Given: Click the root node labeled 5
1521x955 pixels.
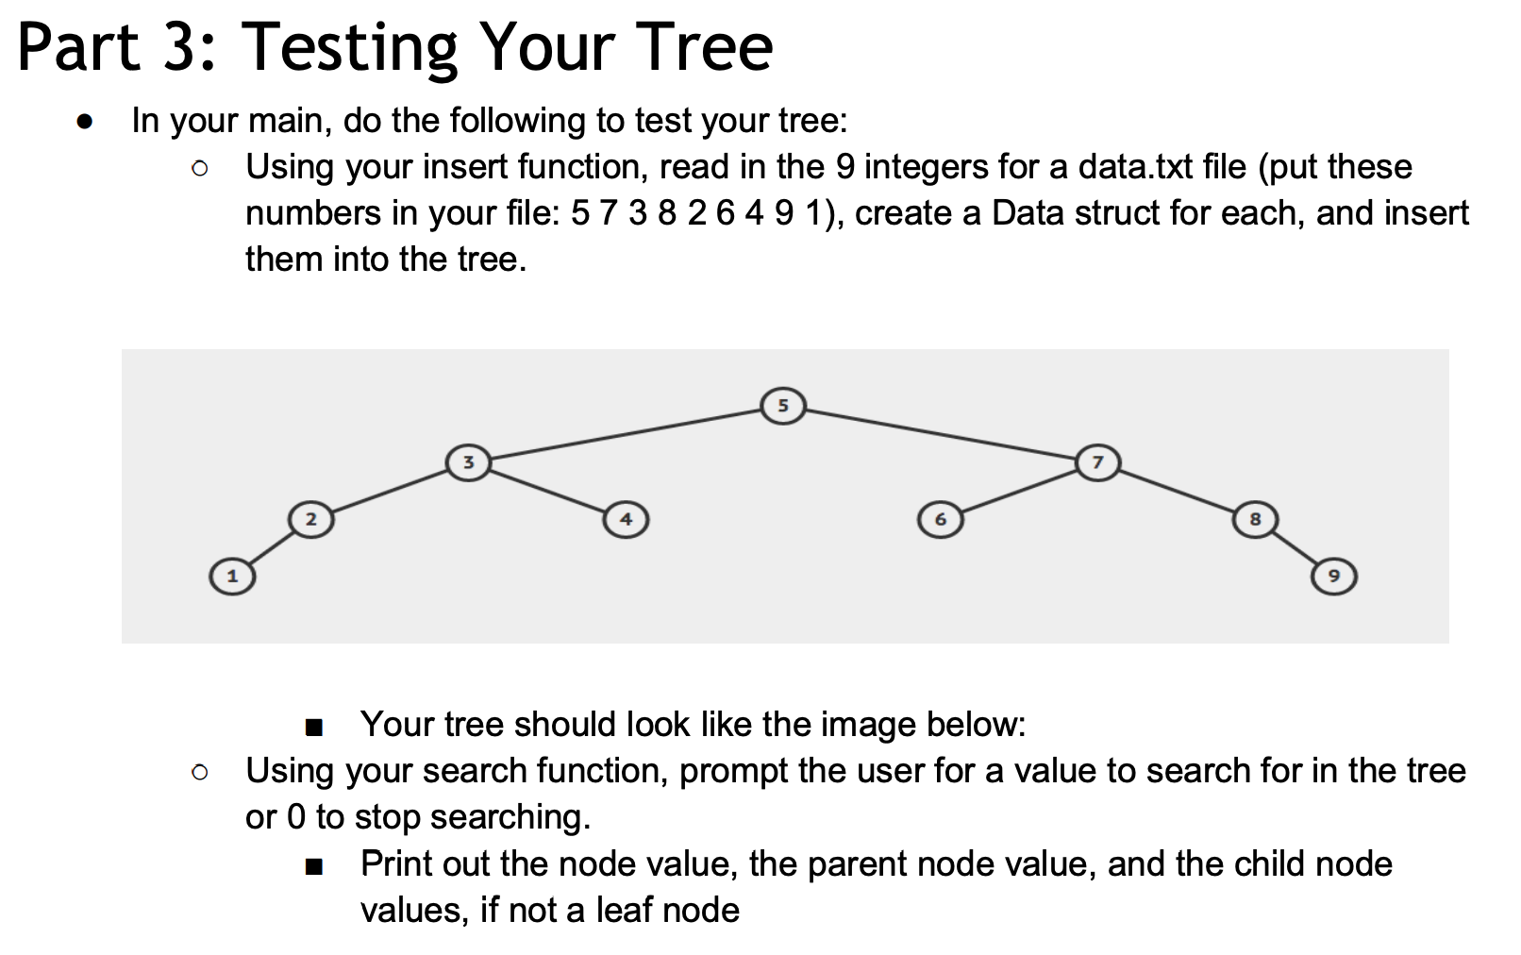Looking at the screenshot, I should click(782, 406).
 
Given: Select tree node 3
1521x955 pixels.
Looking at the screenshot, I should click(468, 462).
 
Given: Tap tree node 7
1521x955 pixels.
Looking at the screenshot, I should click(1096, 462).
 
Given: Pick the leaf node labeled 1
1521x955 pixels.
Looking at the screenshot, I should click(232, 575).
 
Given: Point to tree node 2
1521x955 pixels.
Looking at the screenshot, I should click(311, 519).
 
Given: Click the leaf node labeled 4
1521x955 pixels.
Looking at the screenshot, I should click(626, 519).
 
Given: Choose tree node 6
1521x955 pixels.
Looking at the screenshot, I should click(940, 519).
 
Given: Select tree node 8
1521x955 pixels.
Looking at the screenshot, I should click(1254, 519).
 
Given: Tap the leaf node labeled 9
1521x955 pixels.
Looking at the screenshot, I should click(1333, 575).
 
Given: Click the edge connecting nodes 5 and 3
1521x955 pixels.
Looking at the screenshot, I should click(625, 433).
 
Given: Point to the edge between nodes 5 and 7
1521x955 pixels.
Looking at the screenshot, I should click(940, 433).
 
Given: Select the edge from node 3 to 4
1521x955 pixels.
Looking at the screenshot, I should click(547, 491).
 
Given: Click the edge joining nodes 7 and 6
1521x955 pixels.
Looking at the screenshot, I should click(1019, 490).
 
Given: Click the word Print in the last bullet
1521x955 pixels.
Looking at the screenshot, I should click(402, 863).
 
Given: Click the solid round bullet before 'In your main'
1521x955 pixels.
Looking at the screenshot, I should click(86, 123).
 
